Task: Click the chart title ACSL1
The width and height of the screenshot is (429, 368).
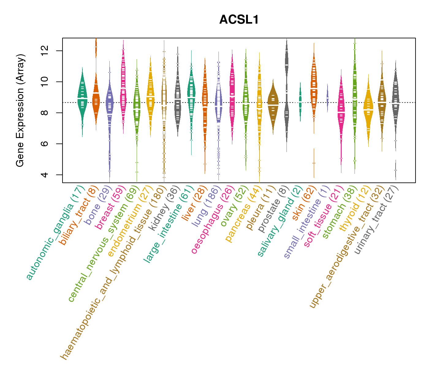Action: pyautogui.click(x=239, y=20)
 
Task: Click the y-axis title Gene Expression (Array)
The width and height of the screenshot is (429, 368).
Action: pyautogui.click(x=20, y=110)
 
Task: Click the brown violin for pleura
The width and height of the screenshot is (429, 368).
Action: pyautogui.click(x=273, y=104)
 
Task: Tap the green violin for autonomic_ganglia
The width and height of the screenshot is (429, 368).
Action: pyautogui.click(x=82, y=98)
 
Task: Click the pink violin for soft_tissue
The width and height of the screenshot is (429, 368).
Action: pyautogui.click(x=341, y=110)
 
